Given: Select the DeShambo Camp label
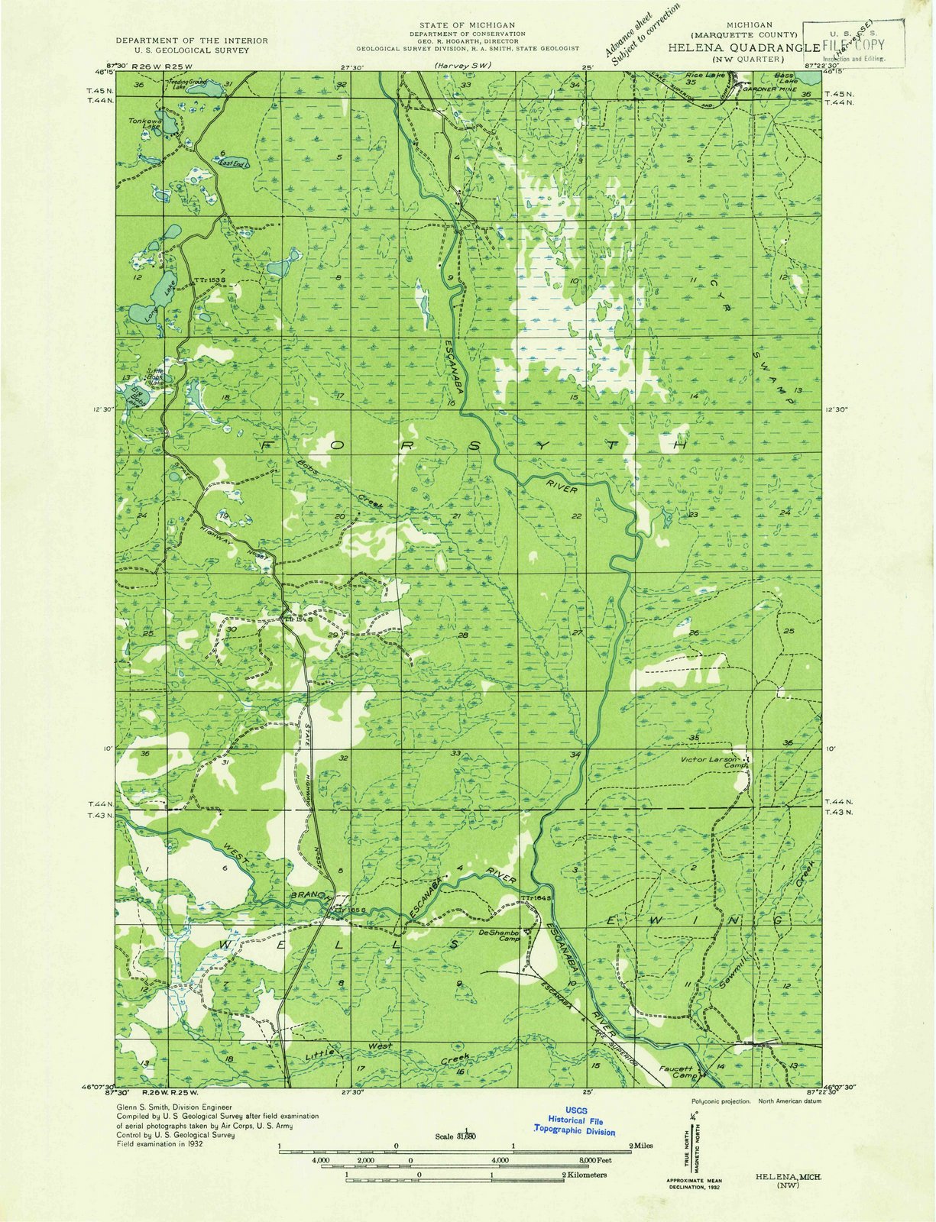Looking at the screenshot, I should pos(500,936).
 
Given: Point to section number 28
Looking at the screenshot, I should pos(463,636).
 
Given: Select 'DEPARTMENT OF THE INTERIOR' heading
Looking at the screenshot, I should pos(191,40).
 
